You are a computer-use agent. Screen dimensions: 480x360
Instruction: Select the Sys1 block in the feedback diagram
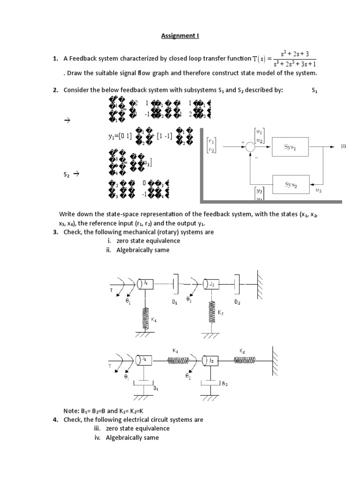pyautogui.click(x=290, y=147)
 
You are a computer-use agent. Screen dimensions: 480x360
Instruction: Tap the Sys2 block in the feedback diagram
pyautogui.click(x=290, y=184)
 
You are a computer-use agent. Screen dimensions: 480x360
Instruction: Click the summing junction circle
pyautogui.click(x=251, y=147)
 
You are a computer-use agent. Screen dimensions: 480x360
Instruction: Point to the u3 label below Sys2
pyautogui.click(x=318, y=191)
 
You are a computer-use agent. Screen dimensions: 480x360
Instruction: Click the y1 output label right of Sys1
pyautogui.click(x=343, y=146)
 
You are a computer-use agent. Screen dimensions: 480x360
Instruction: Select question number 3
pyautogui.click(x=55, y=232)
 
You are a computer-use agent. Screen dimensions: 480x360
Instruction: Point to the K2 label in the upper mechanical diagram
pyautogui.click(x=220, y=312)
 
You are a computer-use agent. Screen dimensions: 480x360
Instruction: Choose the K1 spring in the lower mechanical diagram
pyautogui.click(x=178, y=360)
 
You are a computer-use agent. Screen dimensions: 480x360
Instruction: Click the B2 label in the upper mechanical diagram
pyautogui.click(x=237, y=302)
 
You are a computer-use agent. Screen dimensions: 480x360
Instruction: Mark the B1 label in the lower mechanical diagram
pyautogui.click(x=156, y=388)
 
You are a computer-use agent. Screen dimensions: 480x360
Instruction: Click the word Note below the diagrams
pyautogui.click(x=70, y=411)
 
